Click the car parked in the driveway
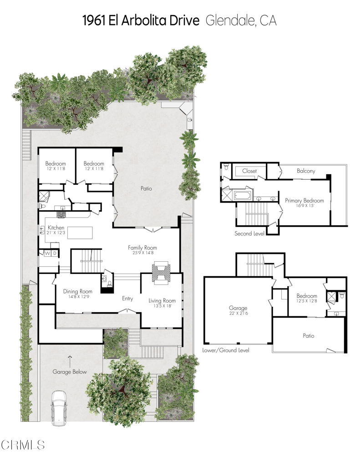pos(59,408)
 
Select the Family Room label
pos(142,248)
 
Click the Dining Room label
pos(77,292)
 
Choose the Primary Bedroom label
pos(304,200)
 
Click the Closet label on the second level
pos(249,171)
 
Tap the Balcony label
pos(306,171)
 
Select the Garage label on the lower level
pos(238,308)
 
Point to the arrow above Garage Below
pos(70,361)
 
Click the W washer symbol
pos(46,253)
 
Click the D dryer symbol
pos(54,253)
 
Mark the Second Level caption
pos(249,233)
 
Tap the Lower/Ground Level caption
pos(226,350)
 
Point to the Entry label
pos(127,299)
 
